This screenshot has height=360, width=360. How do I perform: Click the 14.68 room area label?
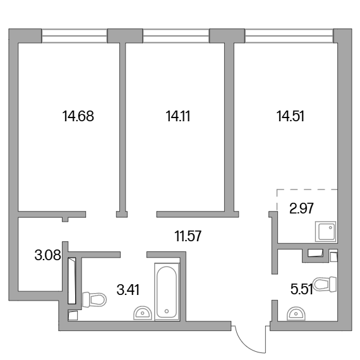coord(78,116)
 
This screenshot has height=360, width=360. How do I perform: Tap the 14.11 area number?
coord(178,116)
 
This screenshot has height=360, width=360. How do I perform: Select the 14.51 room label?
coord(291,116)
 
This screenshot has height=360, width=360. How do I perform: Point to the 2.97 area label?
coord(301,208)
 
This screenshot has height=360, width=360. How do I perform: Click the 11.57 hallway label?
coord(188,236)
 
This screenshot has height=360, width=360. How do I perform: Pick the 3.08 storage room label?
coord(48,255)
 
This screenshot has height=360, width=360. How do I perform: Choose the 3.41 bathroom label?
coord(128,290)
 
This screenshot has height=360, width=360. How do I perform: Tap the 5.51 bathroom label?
coord(301,289)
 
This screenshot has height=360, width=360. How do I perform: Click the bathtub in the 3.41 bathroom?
coord(167,292)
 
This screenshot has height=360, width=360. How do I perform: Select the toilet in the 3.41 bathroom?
coord(94,299)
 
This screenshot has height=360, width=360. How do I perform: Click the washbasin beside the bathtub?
coord(143,313)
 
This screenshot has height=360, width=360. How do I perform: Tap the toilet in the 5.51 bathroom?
coord(325,284)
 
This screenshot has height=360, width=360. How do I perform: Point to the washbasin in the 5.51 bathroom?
coord(296,313)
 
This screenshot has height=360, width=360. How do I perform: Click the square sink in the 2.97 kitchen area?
coord(325,231)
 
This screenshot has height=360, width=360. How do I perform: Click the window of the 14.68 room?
coord(75,36)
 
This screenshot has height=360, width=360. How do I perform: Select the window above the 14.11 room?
coord(176,36)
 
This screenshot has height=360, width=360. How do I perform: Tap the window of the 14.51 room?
coord(289,36)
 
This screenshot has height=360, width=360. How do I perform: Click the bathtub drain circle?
coord(167,311)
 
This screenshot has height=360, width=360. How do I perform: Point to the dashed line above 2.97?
coord(307,189)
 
